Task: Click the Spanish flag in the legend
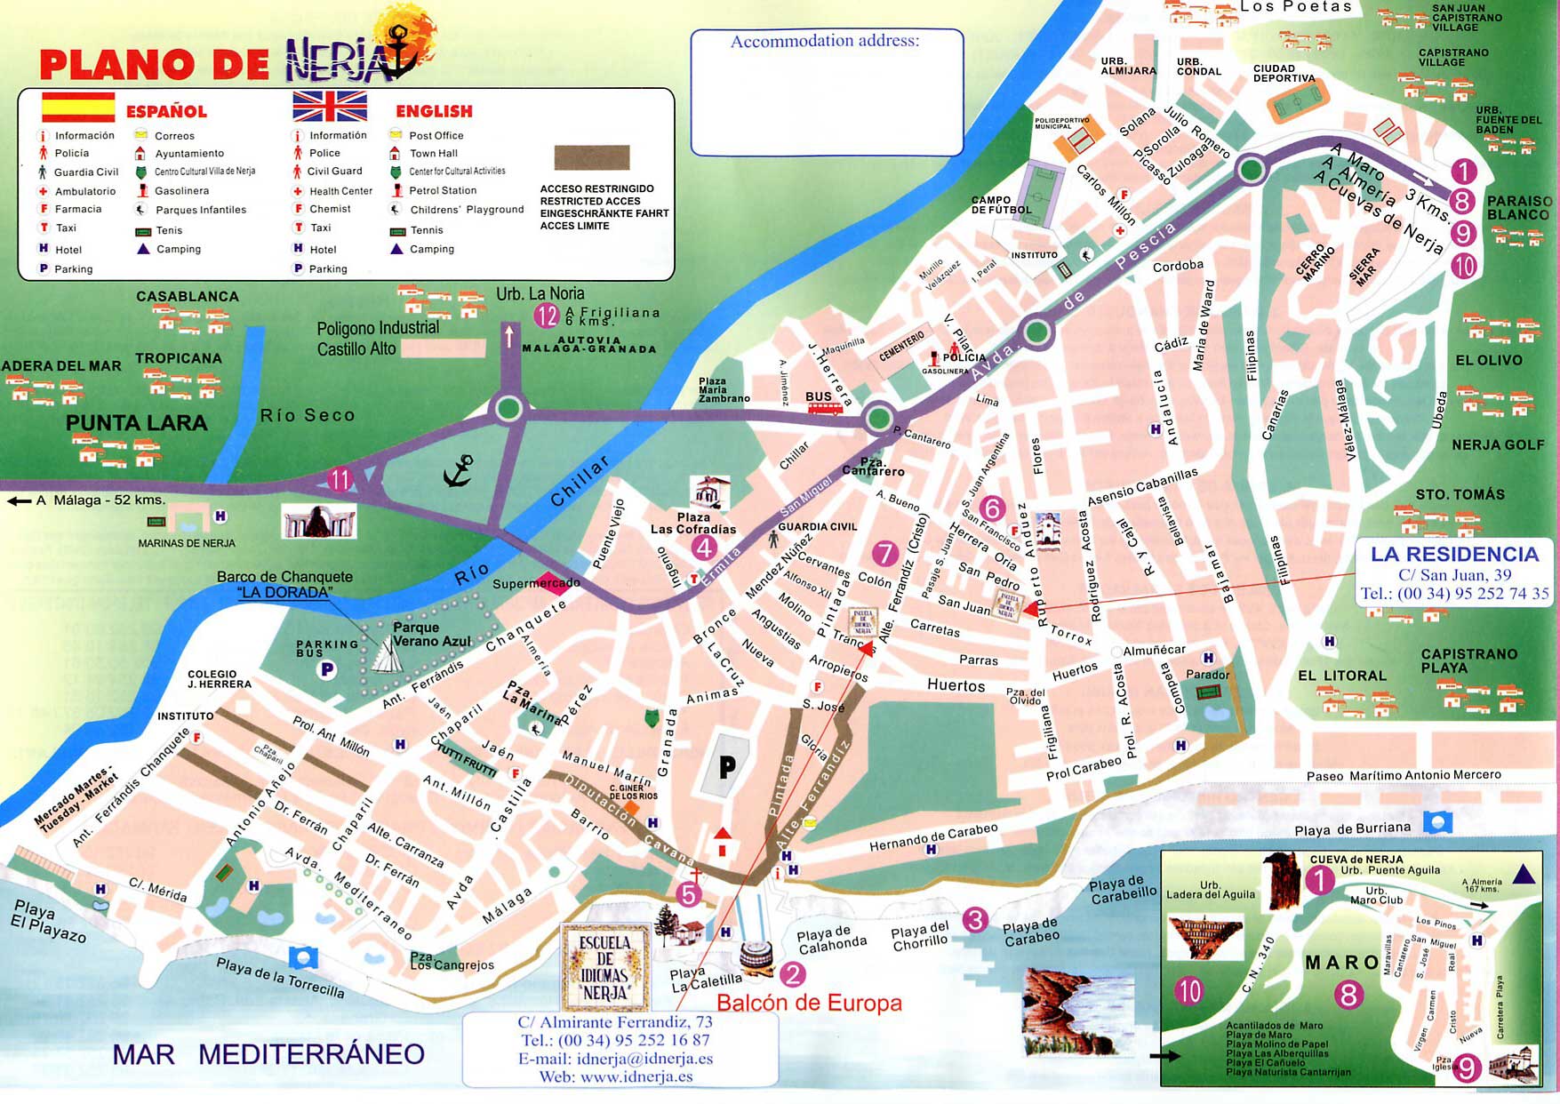(x=78, y=107)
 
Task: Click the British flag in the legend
(x=330, y=106)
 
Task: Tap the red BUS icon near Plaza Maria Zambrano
(x=825, y=408)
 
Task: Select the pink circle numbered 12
(x=547, y=315)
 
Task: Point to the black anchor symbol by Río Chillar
(x=459, y=471)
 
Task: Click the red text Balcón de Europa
(x=809, y=1003)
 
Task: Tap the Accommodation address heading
(x=825, y=41)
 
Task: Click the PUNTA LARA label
(x=136, y=423)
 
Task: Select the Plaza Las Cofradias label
(x=693, y=523)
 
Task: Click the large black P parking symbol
(x=727, y=766)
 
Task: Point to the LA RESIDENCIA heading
(x=1454, y=554)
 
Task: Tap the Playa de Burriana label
(x=1352, y=828)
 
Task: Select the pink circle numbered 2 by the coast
(x=791, y=974)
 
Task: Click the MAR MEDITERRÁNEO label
(x=268, y=1054)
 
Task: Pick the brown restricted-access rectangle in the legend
(x=592, y=158)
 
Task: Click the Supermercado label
(x=536, y=583)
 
